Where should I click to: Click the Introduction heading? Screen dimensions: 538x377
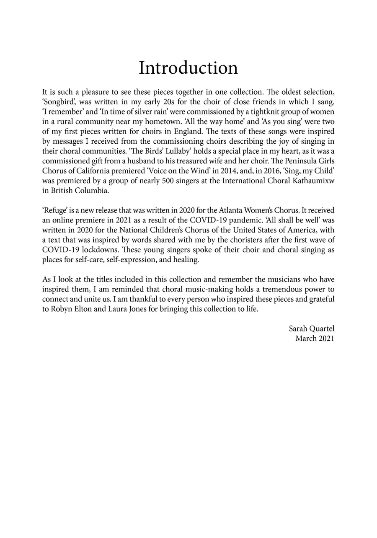188,68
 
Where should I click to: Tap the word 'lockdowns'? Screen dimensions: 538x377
91,250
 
